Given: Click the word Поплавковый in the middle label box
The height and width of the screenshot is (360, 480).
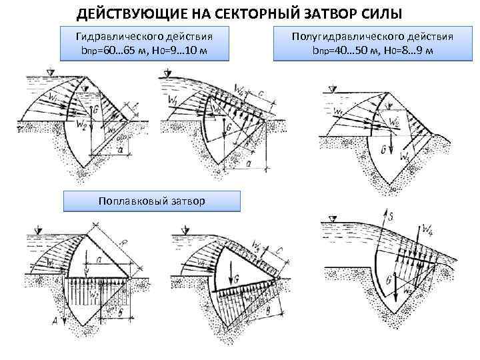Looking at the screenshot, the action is [x=130, y=200].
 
